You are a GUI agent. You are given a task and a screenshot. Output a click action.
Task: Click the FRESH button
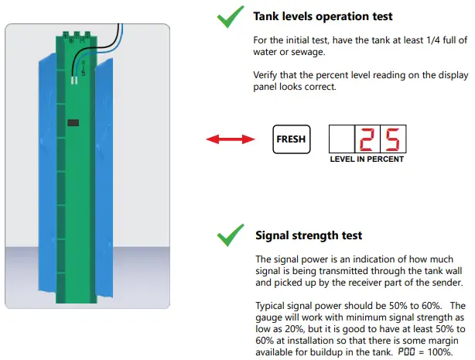point(292,139)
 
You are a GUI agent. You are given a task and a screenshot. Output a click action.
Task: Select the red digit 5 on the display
point(392,139)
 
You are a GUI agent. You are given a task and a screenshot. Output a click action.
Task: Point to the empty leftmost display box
point(342,139)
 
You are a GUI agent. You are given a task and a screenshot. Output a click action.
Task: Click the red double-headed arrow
point(231,139)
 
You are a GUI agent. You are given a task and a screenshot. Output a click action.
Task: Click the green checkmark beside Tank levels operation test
point(231,17)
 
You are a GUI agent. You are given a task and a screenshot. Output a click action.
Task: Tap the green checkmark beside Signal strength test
point(231,235)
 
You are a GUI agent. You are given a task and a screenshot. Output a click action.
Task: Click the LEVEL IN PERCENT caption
point(367,159)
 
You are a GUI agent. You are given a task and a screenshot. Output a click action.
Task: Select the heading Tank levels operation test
point(323,16)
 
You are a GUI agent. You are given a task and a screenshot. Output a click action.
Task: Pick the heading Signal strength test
point(309,235)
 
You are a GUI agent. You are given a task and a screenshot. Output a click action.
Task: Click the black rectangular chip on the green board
point(73,122)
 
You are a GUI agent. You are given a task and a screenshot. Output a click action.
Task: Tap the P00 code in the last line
point(406,351)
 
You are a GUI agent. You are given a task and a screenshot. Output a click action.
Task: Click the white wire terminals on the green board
point(74,80)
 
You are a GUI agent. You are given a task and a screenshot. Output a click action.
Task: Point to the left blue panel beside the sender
point(47,173)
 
